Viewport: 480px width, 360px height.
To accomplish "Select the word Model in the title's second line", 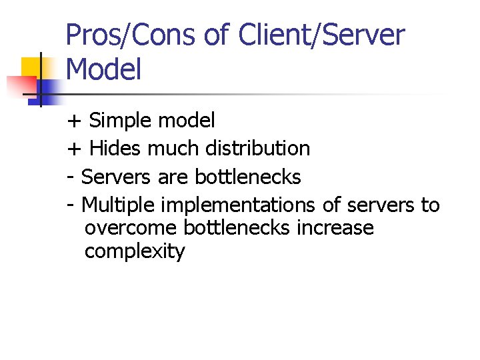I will click(x=104, y=70).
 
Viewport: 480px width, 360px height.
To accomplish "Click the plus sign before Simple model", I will click(x=74, y=121).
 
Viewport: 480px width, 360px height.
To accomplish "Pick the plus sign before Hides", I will click(x=74, y=148).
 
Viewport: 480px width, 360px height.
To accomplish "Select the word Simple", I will click(x=119, y=121).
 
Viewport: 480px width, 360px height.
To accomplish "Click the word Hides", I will click(x=115, y=148).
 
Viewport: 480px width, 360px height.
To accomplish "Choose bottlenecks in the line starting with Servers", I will click(x=248, y=177).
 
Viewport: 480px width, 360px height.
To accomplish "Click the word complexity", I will click(x=135, y=252).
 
